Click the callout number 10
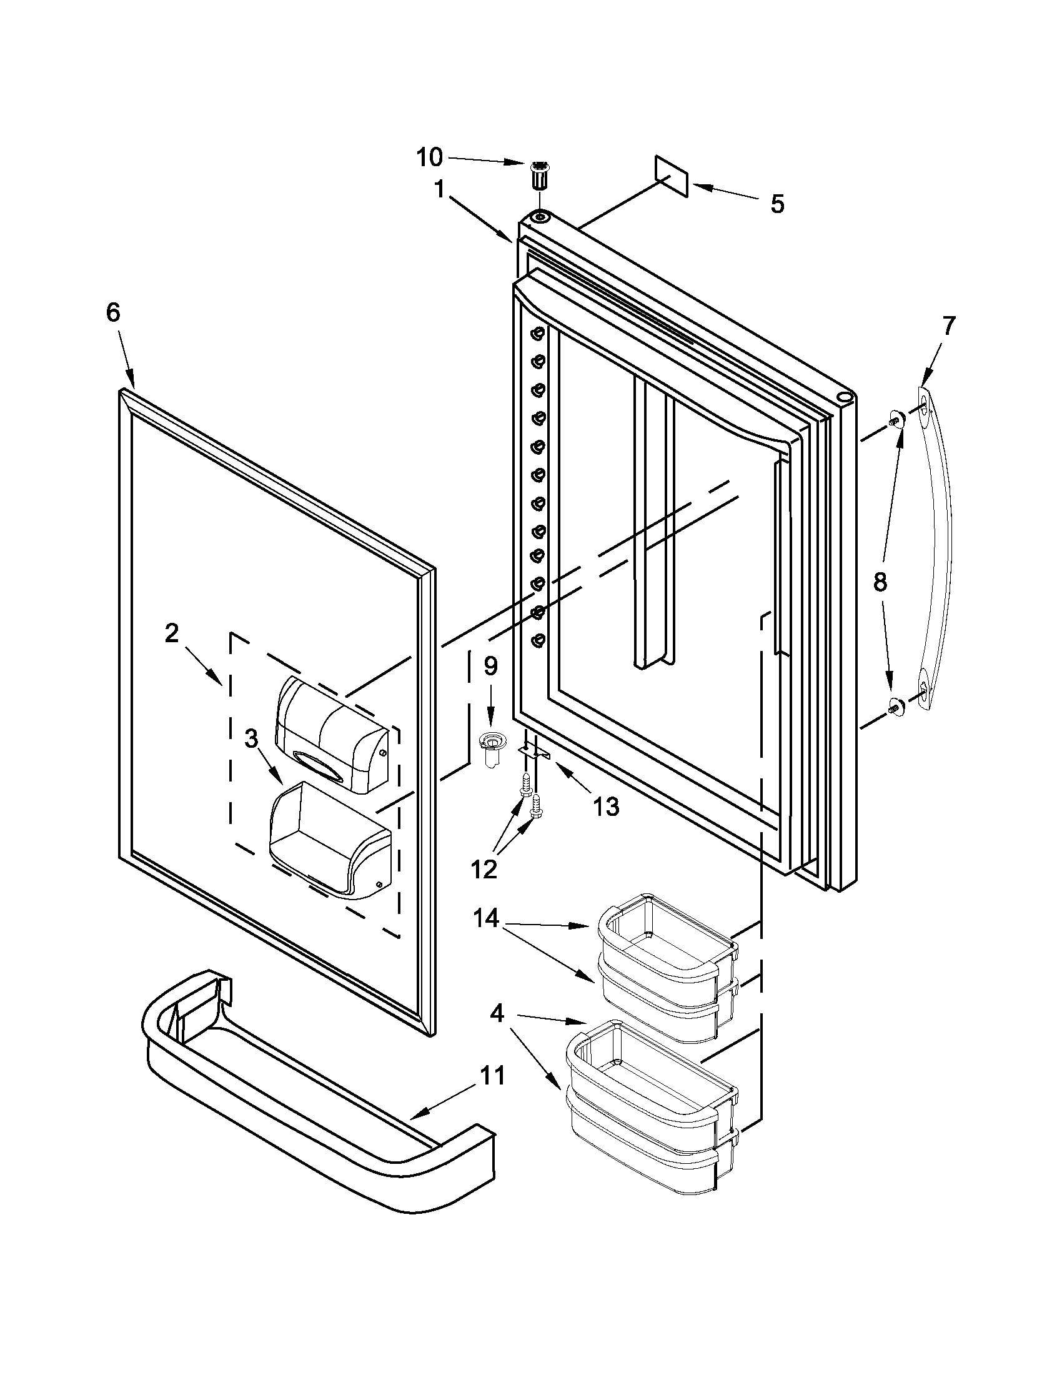coord(429,157)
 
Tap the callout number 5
coord(778,204)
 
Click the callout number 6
coord(112,313)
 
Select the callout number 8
coord(880,582)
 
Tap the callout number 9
coord(490,665)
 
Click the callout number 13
coord(605,806)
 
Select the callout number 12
coord(484,870)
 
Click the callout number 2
coord(171,633)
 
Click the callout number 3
coord(251,738)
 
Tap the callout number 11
coord(493,1075)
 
